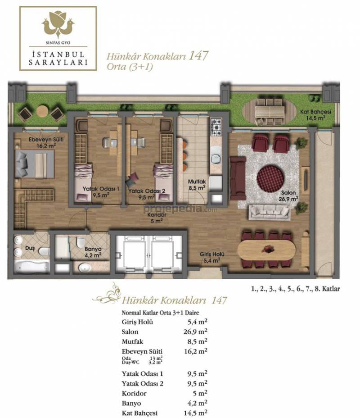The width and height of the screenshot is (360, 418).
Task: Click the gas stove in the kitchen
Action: click(216, 127)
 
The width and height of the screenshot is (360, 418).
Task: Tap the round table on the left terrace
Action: click(42, 111)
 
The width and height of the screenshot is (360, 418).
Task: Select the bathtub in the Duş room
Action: click(31, 267)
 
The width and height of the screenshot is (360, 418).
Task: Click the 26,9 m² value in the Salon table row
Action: click(195, 332)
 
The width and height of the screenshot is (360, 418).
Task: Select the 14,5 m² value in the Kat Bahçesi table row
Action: click(195, 413)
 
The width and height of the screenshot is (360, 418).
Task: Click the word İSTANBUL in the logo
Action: click(58, 55)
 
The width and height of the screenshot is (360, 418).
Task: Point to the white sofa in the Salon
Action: click(269, 212)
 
